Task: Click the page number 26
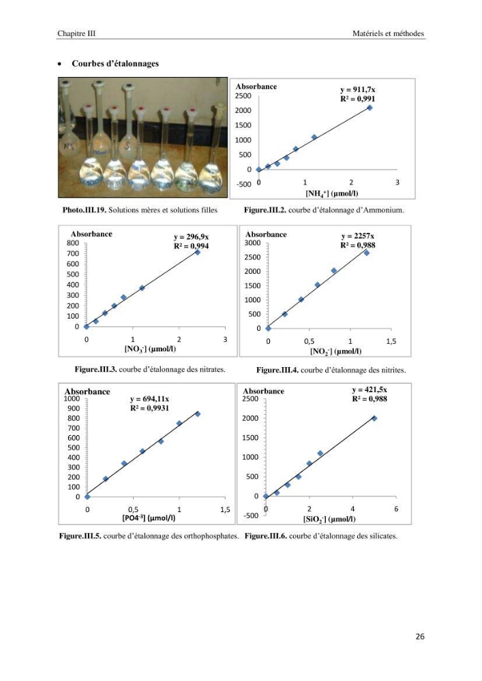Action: (420, 636)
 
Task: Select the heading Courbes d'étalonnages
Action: (115, 63)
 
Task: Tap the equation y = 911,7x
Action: (358, 89)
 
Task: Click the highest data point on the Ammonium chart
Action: (370, 108)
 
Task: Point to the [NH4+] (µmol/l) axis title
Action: (332, 193)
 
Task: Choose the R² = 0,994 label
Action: (192, 246)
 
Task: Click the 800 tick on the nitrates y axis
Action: (72, 243)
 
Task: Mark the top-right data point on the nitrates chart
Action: (197, 253)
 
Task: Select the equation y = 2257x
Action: (358, 236)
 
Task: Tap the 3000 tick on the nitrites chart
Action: (252, 243)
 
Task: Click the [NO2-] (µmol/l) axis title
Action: (335, 351)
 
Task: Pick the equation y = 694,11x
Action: (149, 398)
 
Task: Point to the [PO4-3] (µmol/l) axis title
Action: (149, 518)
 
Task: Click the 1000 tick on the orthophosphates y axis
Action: (72, 398)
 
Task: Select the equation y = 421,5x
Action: (370, 390)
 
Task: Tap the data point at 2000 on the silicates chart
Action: (374, 418)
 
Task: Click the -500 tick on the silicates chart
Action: (250, 516)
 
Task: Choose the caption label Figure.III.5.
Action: (80, 536)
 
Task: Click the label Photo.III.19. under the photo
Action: (85, 210)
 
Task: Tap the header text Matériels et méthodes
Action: (388, 33)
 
